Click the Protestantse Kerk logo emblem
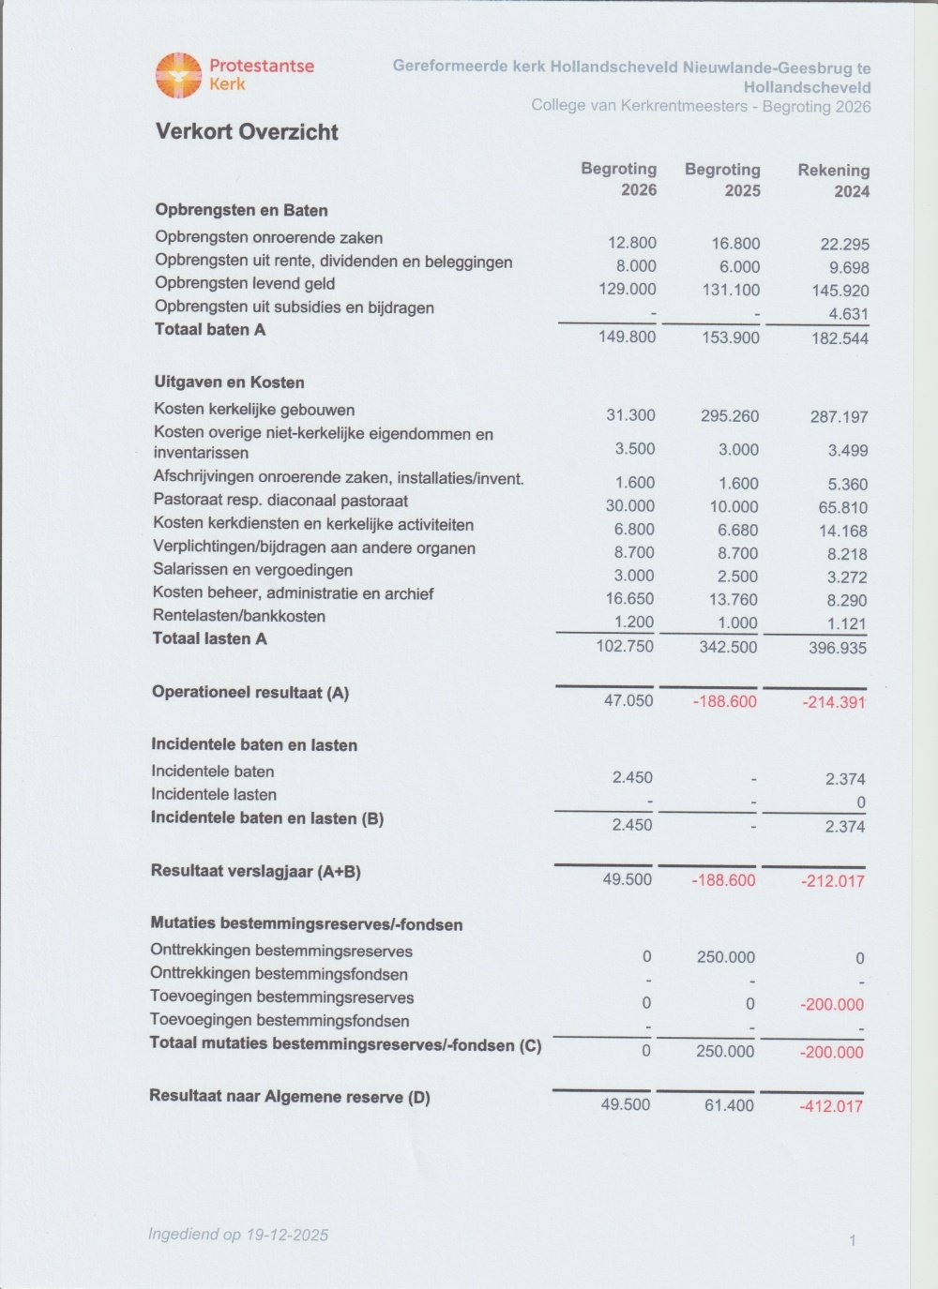pyautogui.click(x=178, y=76)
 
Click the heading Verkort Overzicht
pyautogui.click(x=247, y=132)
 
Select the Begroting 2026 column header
pyautogui.click(x=619, y=179)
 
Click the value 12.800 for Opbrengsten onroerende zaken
pyautogui.click(x=631, y=243)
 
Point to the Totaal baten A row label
pyautogui.click(x=210, y=330)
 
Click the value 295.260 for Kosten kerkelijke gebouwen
pyautogui.click(x=730, y=415)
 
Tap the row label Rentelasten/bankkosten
pyautogui.click(x=239, y=616)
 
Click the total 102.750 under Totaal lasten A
pyautogui.click(x=625, y=646)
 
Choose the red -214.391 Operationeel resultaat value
pyautogui.click(x=834, y=702)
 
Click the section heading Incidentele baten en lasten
pyautogui.click(x=254, y=745)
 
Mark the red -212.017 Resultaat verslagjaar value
pyautogui.click(x=832, y=881)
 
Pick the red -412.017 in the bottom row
pyautogui.click(x=830, y=1106)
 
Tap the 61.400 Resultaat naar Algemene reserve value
pyautogui.click(x=729, y=1105)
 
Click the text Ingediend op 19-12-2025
pyautogui.click(x=238, y=1235)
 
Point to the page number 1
pyautogui.click(x=853, y=1240)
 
